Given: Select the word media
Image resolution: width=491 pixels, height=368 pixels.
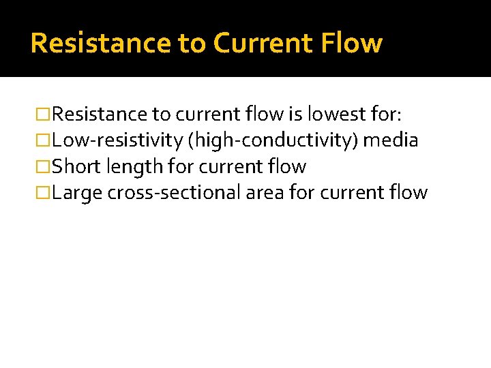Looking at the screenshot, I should (391, 140).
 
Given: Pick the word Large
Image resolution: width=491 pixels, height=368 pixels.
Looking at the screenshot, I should (76, 193).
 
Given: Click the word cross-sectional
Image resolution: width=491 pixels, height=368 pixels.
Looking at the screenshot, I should (173, 193).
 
